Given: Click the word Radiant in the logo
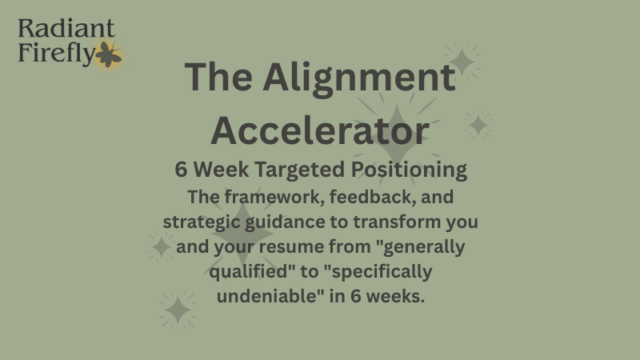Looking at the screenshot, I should (x=66, y=30).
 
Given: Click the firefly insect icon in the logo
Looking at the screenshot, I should (x=108, y=54).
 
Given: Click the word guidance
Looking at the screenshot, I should (x=289, y=220).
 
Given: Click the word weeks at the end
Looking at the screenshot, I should (x=396, y=295).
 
